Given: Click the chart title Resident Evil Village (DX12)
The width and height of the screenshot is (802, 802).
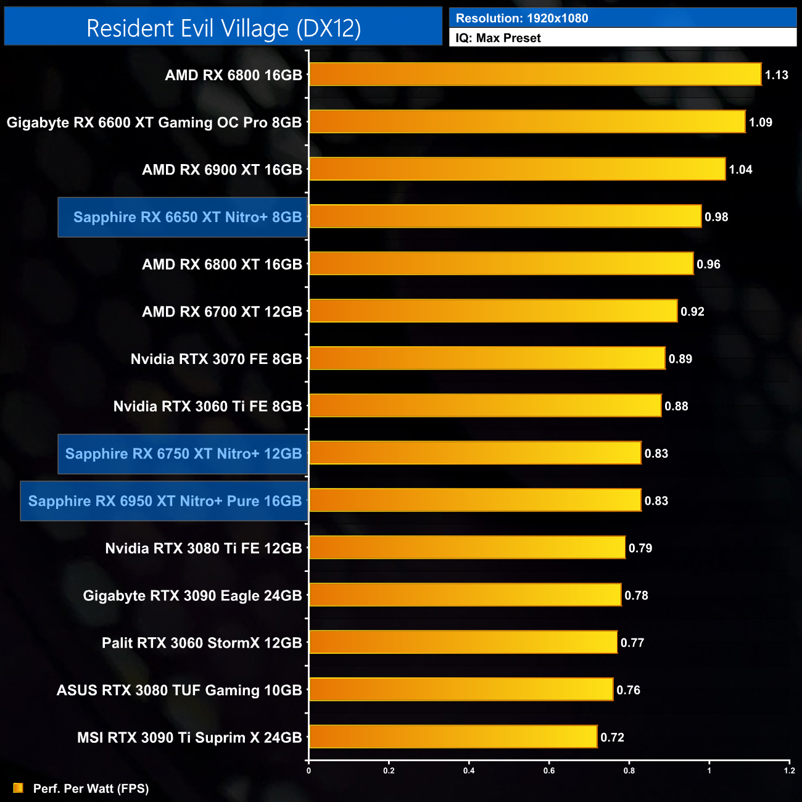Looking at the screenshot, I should coord(223,28).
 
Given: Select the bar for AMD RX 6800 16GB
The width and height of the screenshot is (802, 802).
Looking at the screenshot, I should coord(535,75).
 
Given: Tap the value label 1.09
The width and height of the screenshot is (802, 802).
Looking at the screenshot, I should coord(760,122).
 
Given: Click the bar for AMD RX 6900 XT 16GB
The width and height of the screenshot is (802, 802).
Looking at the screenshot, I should coord(517,169).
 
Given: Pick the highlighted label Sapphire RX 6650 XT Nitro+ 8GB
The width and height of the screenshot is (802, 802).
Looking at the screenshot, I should coord(187,217).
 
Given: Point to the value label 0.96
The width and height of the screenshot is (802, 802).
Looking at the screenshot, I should coord(708,264).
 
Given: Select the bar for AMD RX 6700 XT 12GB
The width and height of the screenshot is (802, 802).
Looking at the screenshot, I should coord(493,311).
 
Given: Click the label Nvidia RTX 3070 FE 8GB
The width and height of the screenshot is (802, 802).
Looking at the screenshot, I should coord(216,359).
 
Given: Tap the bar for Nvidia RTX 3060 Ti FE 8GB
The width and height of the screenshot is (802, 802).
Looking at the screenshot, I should coord(485,406).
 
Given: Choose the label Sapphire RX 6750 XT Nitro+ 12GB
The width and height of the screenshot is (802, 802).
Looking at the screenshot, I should coord(183,454).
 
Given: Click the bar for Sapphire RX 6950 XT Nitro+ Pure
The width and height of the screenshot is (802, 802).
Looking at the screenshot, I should coord(475,500).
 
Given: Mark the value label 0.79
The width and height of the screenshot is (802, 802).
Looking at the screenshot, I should coord(640,548).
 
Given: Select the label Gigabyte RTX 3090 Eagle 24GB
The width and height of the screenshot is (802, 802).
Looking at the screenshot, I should coord(192,595).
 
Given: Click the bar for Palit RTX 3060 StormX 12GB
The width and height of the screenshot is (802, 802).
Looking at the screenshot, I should coord(463,642).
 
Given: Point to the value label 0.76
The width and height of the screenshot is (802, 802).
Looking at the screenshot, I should coord(628,690).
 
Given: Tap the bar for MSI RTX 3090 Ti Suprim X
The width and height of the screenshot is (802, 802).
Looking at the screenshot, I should coord(453,737).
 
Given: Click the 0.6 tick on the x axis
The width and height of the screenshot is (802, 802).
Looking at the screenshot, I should coord(549,771).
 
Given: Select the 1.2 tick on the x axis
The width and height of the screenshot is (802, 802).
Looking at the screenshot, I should coord(789,771).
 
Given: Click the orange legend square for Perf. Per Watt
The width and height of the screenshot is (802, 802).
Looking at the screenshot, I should coord(18,788).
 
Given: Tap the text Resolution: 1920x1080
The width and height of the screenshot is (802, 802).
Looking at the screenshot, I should coord(522,18).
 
